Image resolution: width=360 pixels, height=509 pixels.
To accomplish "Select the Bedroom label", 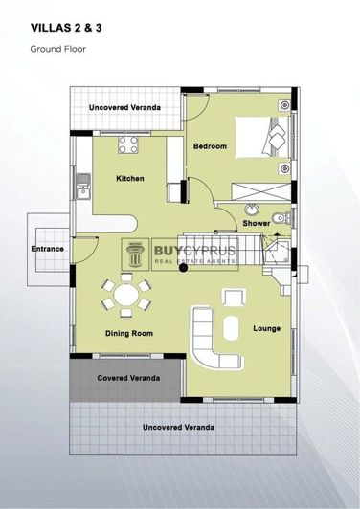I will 211,146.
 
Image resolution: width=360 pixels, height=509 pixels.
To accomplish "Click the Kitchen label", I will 130,179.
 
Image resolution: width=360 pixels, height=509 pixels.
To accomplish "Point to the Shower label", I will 255,223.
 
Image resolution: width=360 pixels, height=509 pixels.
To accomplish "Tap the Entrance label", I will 48,250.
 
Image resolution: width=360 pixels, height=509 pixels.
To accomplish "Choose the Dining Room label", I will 129,333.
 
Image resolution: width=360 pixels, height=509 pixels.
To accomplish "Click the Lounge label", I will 266,329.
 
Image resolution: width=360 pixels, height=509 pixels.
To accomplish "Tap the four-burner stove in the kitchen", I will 128,145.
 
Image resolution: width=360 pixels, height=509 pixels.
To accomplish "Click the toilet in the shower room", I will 278,217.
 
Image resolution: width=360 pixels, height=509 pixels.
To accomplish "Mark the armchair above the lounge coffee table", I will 232,296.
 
